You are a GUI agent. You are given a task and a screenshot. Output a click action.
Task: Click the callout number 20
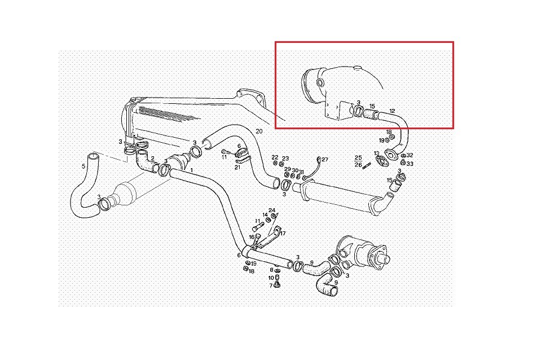click(x=259, y=131)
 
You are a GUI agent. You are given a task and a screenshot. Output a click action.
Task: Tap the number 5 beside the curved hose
click(x=83, y=166)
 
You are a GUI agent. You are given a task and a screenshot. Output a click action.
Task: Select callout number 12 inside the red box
click(x=392, y=111)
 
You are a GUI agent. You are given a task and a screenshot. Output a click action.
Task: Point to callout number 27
click(x=325, y=160)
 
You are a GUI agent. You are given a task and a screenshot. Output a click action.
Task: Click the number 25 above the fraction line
click(x=358, y=157)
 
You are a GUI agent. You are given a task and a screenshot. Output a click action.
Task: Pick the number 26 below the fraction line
click(x=358, y=165)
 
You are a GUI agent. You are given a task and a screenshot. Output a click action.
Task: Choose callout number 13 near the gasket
click(x=377, y=153)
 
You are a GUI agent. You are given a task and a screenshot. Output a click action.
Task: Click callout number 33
click(x=410, y=164)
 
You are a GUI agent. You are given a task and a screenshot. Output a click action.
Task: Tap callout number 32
click(x=410, y=155)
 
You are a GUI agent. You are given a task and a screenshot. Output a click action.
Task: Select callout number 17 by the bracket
click(x=283, y=234)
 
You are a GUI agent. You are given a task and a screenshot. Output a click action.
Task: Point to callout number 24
click(x=272, y=210)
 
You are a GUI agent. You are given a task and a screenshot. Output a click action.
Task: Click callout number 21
click(x=237, y=168)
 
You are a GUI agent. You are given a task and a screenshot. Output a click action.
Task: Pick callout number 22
click(x=275, y=157)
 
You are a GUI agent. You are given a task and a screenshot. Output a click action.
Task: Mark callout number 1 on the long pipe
click(x=191, y=170)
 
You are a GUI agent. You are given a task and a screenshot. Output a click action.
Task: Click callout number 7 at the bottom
click(x=271, y=286)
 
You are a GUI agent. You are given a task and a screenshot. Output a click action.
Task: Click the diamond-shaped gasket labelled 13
click(x=381, y=161)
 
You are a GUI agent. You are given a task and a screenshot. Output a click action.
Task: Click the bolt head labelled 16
click(x=258, y=236)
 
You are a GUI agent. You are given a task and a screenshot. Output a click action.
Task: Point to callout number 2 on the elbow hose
click(x=153, y=158)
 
